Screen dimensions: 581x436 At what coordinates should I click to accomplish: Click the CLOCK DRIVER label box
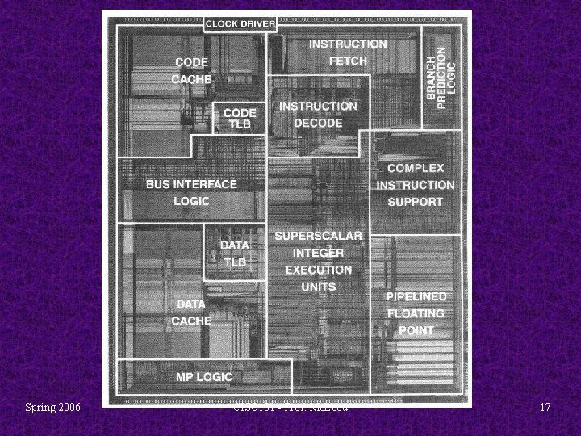point(240,23)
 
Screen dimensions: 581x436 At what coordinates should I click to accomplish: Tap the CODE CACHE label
point(192,70)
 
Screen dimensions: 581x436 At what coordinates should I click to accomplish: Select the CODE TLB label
point(240,119)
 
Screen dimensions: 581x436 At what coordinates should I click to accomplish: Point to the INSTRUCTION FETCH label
point(348,52)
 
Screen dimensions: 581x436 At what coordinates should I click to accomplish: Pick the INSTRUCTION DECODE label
point(318,115)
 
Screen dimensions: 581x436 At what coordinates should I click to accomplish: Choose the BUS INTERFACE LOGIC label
point(191,192)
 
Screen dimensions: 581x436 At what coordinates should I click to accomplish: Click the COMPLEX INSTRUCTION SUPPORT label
point(415,185)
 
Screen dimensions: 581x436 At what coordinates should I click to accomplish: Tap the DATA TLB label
point(235,254)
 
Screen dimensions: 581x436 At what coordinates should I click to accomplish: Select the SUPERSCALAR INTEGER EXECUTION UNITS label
point(318,261)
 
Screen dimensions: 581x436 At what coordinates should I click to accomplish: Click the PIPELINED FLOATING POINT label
point(416,313)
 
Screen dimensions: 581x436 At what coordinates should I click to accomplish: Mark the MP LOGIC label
point(204,377)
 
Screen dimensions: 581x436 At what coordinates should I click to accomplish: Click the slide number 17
point(545,408)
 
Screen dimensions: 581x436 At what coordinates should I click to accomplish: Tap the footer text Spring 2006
point(52,408)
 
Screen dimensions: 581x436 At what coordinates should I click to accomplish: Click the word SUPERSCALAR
point(318,236)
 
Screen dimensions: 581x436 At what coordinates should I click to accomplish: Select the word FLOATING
point(416,313)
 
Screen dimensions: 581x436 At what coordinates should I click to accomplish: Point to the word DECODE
point(318,124)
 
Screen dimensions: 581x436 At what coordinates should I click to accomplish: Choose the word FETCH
point(348,61)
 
